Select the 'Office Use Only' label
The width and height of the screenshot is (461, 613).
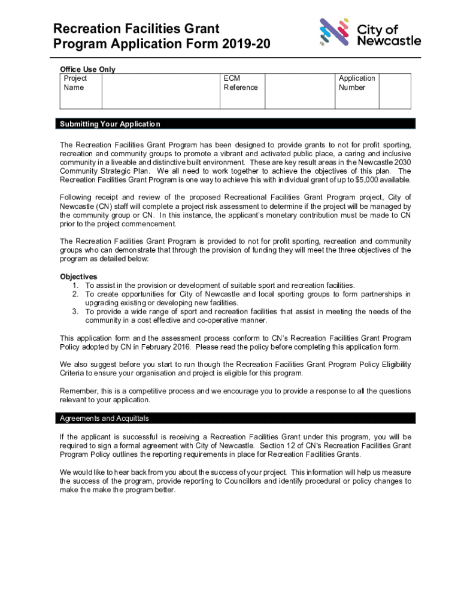pos(87,69)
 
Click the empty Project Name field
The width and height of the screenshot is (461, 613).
pos(161,91)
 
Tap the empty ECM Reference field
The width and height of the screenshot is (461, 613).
pos(299,91)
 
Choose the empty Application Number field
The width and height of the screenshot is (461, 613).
pos(395,91)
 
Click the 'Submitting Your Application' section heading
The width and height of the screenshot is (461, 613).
pos(110,124)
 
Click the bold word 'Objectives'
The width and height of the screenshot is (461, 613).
pos(78,277)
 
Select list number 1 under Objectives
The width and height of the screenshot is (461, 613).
pos(76,286)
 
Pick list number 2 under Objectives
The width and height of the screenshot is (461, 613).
pos(76,294)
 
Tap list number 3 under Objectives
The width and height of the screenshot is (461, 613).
pos(76,311)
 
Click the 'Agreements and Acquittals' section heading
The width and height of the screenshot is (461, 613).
pos(104,418)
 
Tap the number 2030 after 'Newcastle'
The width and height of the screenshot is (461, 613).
pos(402,163)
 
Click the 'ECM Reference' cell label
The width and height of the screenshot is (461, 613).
pos(240,83)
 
